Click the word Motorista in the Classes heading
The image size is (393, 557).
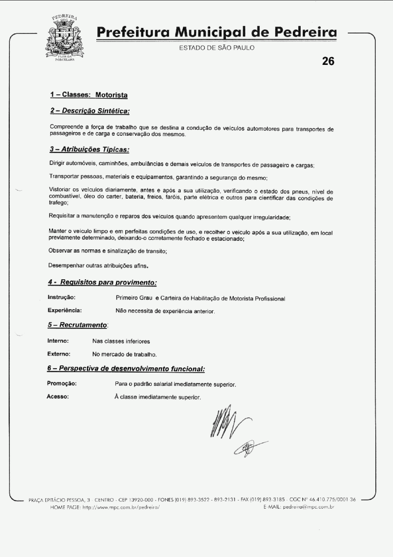(112, 94)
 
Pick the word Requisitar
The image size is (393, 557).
(63, 217)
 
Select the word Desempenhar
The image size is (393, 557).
(66, 265)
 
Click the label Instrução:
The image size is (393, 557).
(61, 297)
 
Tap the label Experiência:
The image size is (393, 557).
(64, 310)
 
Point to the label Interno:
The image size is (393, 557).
(57, 340)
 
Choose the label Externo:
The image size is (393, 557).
(59, 353)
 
